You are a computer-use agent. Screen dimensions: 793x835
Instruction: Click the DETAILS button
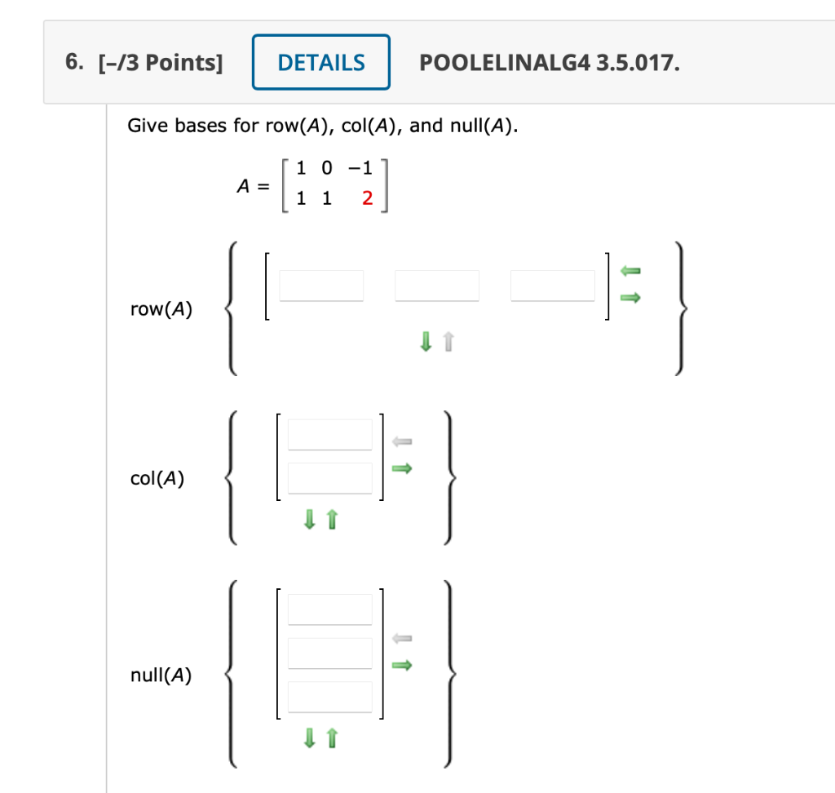(x=321, y=62)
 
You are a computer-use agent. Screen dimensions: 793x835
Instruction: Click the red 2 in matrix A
(x=367, y=199)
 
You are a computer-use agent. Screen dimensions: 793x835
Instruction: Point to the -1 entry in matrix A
(x=360, y=169)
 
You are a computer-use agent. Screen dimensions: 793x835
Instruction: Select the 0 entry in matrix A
(x=327, y=169)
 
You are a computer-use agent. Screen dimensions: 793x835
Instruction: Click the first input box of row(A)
(x=322, y=286)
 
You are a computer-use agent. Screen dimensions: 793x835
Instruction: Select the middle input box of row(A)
(x=437, y=286)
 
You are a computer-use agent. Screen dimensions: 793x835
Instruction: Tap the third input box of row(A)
(x=553, y=286)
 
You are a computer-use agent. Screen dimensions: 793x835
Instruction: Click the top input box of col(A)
(x=329, y=434)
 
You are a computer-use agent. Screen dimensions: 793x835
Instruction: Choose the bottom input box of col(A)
(x=329, y=477)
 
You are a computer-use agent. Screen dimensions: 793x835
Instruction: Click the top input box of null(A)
(x=329, y=609)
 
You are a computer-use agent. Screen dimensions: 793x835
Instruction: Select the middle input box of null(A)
(x=329, y=653)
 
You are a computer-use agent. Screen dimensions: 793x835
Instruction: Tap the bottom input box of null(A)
(x=329, y=697)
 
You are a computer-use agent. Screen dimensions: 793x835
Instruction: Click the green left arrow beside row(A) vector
(x=631, y=270)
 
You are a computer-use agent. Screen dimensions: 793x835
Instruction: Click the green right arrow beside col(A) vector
(x=402, y=469)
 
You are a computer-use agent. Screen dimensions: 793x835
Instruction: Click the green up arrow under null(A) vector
(x=331, y=739)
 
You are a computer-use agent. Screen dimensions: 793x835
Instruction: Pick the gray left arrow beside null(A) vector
(x=402, y=638)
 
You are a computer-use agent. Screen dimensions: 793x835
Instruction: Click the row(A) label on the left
(x=161, y=309)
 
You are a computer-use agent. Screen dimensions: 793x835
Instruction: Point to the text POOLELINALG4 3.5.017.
(x=549, y=63)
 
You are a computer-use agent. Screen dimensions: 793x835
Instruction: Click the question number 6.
(x=75, y=63)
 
